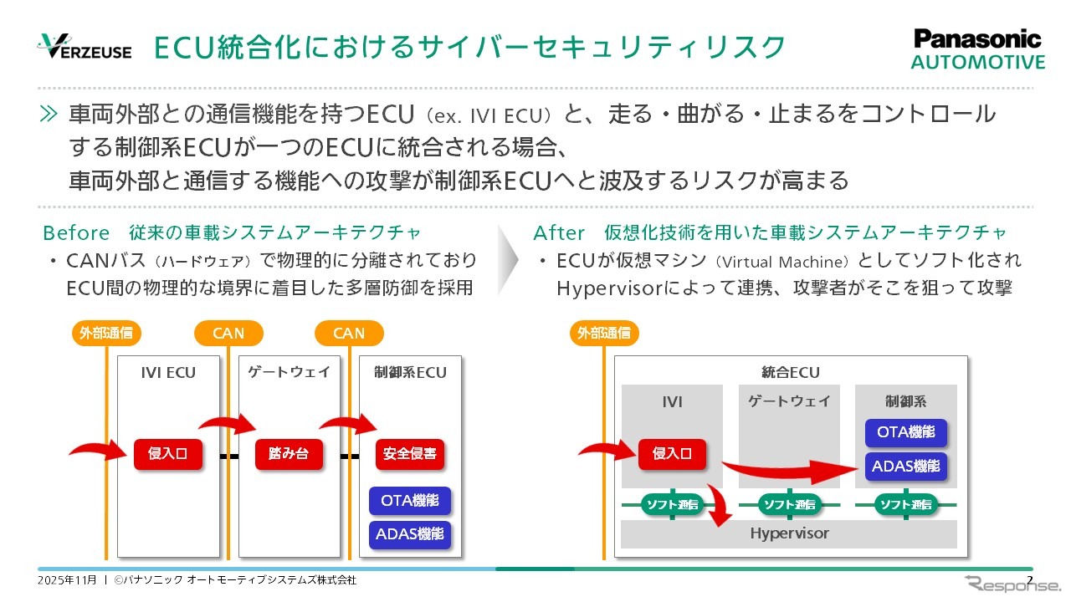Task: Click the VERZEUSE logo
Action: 84,47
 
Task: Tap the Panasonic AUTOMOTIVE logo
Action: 977,50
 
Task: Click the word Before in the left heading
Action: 76,232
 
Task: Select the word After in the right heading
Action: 559,232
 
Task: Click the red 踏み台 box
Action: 289,454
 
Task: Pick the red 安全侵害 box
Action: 410,454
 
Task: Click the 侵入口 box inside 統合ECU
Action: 672,454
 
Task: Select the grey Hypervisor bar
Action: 788,533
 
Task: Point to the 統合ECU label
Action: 791,372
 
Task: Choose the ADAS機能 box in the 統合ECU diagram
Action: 906,467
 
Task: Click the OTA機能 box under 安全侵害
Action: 410,501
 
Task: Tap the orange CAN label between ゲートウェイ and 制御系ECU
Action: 349,333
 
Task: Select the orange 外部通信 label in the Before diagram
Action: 106,333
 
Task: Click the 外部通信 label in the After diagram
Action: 604,333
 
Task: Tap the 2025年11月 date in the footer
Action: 67,579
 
